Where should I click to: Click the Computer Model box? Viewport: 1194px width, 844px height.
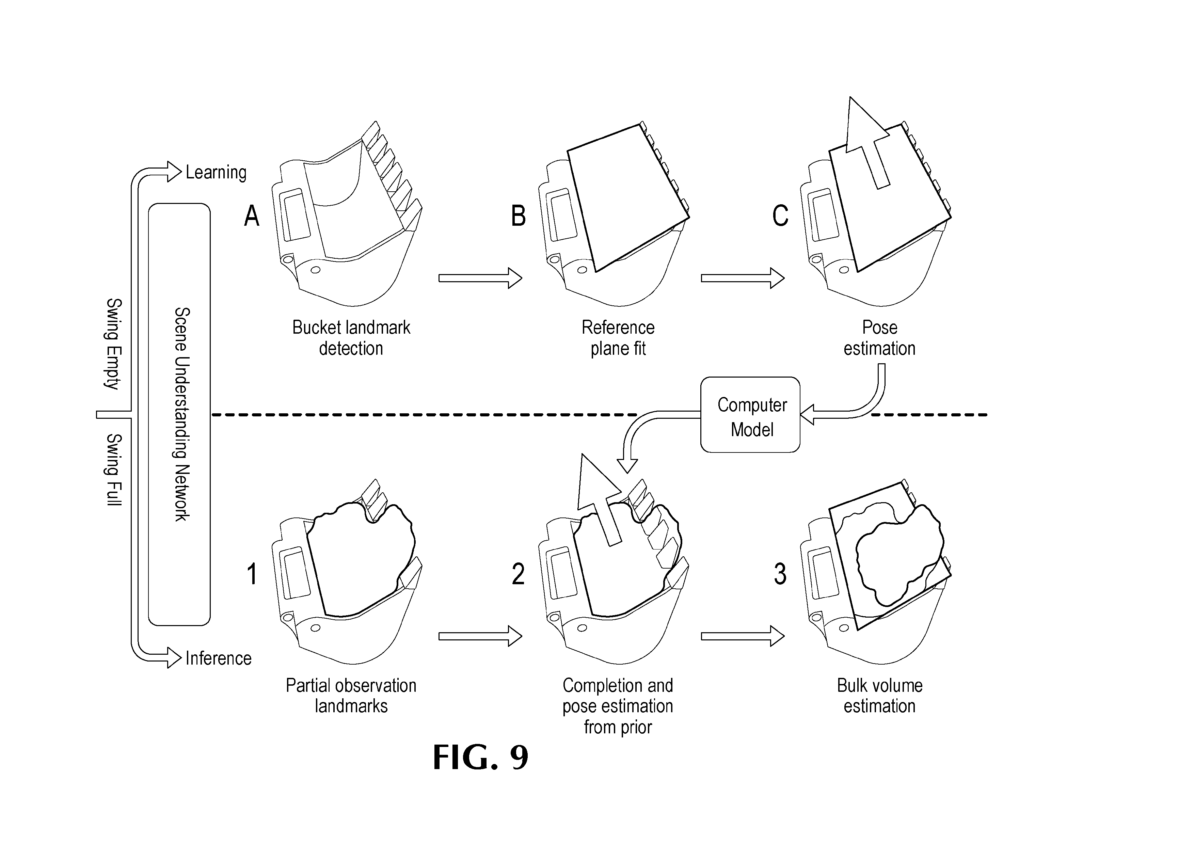coord(750,414)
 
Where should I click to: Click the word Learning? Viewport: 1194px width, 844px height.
coord(216,172)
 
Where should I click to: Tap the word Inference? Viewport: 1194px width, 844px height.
coord(219,658)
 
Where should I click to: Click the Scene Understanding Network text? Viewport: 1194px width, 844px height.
coord(181,414)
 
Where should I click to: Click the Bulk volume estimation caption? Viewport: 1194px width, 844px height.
coord(879,696)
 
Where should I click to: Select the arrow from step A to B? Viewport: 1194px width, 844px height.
coord(480,278)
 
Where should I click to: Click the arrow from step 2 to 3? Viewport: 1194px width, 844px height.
coord(743,636)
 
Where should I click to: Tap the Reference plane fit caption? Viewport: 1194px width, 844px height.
coord(618,338)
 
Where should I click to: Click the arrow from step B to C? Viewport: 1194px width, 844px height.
coord(743,278)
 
